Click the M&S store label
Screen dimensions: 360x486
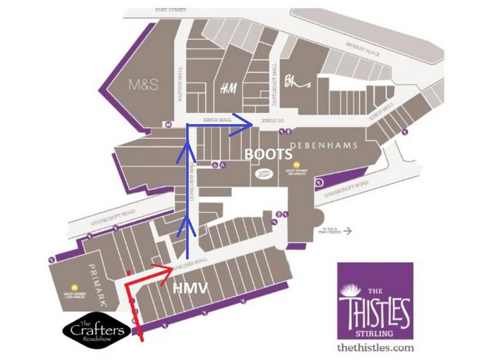click(143, 85)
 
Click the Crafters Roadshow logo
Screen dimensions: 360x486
click(95, 333)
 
